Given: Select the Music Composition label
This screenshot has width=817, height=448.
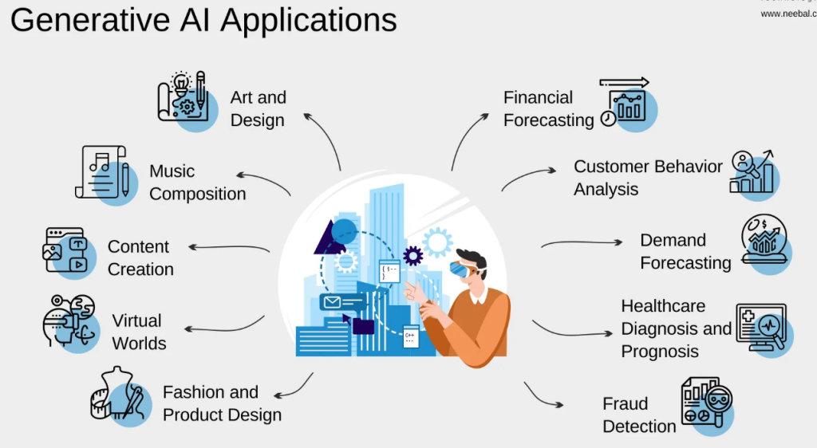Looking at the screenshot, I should (x=197, y=183).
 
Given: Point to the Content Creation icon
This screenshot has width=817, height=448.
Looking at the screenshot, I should (x=66, y=250).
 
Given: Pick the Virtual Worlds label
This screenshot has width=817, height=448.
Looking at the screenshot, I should (x=139, y=332).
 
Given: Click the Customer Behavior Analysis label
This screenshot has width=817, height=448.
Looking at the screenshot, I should (x=647, y=178).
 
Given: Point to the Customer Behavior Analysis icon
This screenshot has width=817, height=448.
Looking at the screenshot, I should (x=752, y=172).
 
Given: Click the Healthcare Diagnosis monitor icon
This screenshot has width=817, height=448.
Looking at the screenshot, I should (x=761, y=328).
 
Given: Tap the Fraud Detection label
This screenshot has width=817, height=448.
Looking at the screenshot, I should (x=638, y=415).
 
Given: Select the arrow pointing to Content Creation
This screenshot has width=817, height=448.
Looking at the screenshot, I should (x=228, y=248).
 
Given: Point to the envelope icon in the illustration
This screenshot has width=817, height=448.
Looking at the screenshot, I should (x=331, y=302).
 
